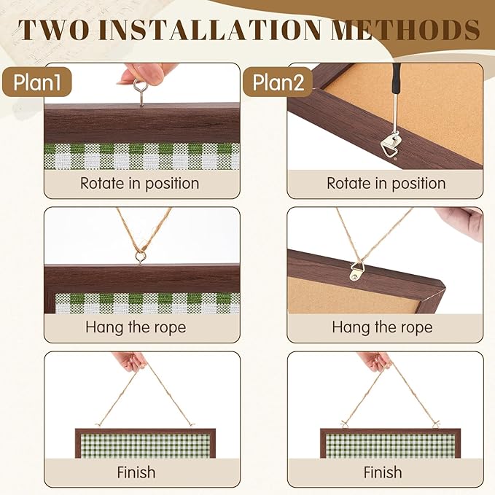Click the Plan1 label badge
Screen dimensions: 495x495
click(x=37, y=82)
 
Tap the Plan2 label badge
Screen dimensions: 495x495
click(x=278, y=82)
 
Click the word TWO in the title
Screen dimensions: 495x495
click(x=54, y=30)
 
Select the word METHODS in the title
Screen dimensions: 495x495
click(x=405, y=30)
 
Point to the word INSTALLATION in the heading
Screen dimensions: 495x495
click(x=210, y=30)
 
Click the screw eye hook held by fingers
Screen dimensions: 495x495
click(x=139, y=92)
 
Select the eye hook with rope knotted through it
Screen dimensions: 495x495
click(x=139, y=257)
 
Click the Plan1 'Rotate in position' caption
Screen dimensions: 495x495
click(x=139, y=184)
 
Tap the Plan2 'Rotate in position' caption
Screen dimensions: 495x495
click(x=386, y=184)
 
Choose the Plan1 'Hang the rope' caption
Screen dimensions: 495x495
click(x=136, y=327)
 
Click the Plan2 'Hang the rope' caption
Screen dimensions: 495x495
click(x=382, y=327)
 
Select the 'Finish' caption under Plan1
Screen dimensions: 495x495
click(x=136, y=472)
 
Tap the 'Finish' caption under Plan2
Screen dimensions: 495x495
click(x=383, y=472)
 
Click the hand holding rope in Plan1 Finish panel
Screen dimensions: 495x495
click(x=130, y=362)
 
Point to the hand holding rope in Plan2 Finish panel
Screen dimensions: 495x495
click(x=375, y=362)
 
